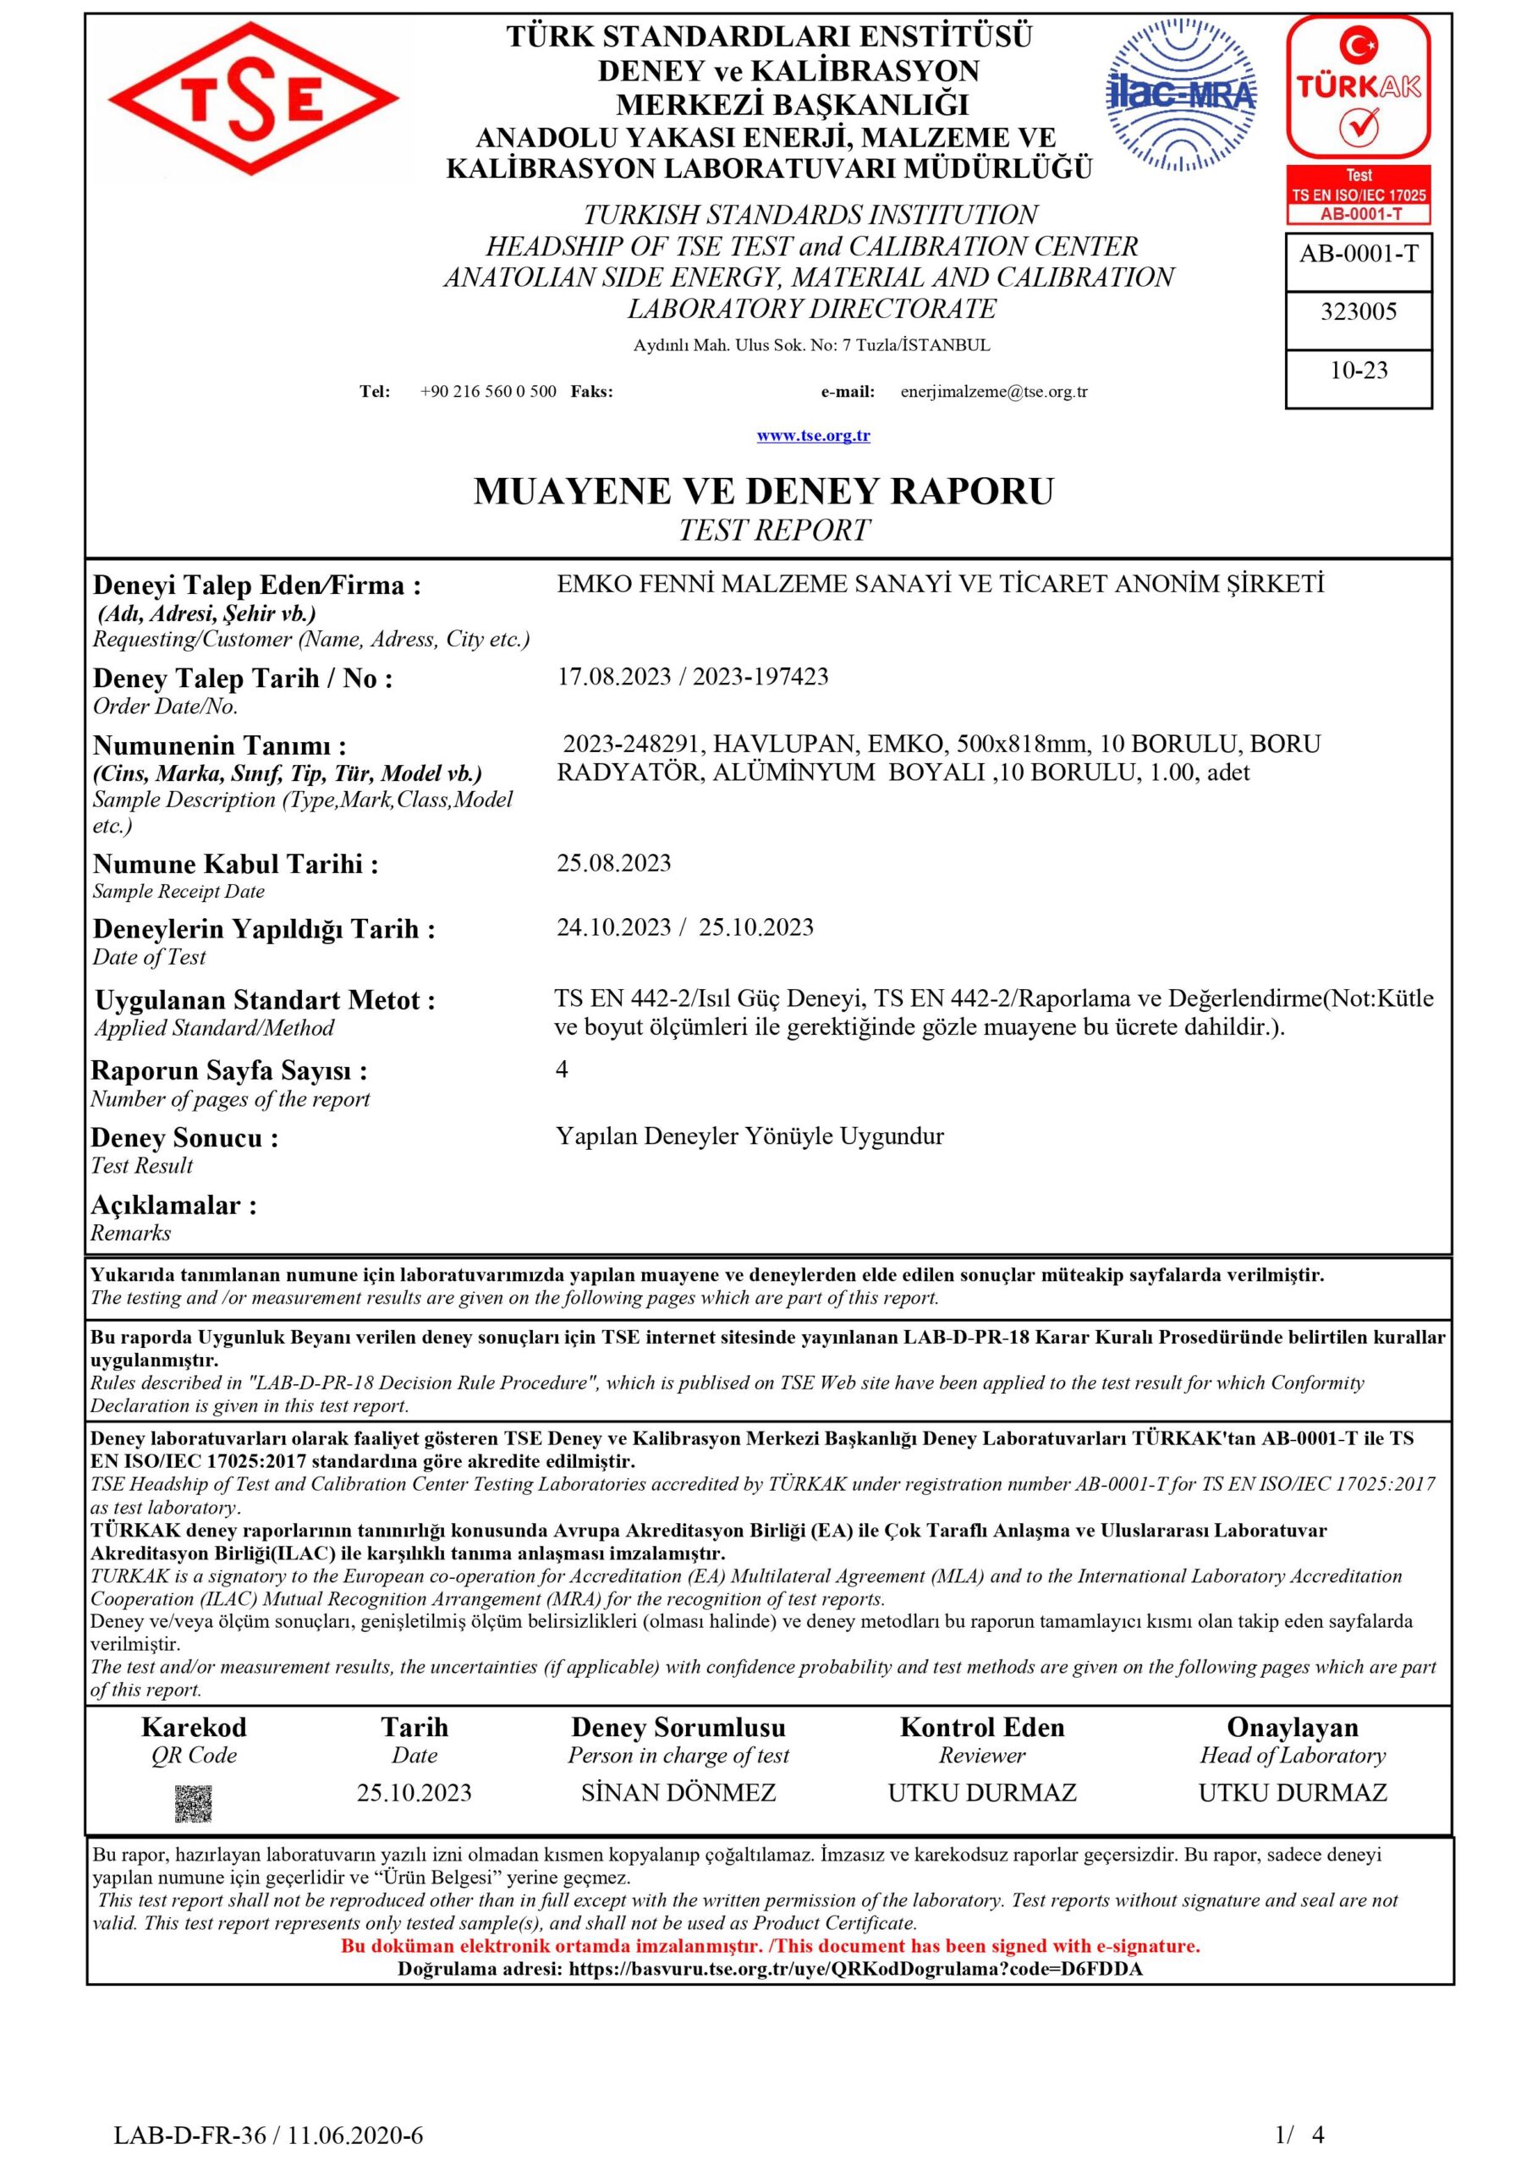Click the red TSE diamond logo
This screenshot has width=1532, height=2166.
pyautogui.click(x=253, y=99)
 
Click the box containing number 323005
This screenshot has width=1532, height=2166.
pyautogui.click(x=1359, y=312)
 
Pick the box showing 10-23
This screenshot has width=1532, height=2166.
pyautogui.click(x=1359, y=371)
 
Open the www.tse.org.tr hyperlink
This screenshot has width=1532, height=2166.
pyautogui.click(x=813, y=435)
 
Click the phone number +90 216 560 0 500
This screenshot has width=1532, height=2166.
pyautogui.click(x=488, y=392)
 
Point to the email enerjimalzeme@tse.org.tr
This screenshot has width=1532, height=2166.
pyautogui.click(x=993, y=392)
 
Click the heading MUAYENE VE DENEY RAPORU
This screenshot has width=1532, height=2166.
pyautogui.click(x=763, y=492)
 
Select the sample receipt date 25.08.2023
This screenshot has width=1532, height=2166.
pyautogui.click(x=614, y=863)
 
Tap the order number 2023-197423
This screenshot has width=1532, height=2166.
pyautogui.click(x=761, y=676)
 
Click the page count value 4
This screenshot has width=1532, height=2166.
pyautogui.click(x=563, y=1069)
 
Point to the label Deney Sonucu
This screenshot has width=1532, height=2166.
pyautogui.click(x=185, y=1138)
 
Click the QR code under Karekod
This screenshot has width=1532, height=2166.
pyautogui.click(x=194, y=1803)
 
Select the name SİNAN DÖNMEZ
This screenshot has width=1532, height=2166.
pyautogui.click(x=678, y=1792)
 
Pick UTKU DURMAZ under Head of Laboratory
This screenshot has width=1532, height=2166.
pyautogui.click(x=1293, y=1792)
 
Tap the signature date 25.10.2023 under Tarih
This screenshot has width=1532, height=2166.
pyautogui.click(x=415, y=1792)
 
